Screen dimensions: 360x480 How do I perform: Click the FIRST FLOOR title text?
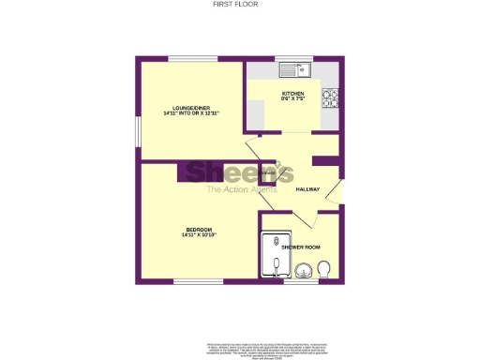click(240, 5)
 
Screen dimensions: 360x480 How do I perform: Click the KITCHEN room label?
click(292, 94)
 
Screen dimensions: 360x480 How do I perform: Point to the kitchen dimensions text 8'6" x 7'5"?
click(292, 99)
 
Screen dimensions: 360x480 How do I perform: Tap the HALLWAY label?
click(307, 189)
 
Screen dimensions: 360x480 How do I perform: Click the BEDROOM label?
click(198, 230)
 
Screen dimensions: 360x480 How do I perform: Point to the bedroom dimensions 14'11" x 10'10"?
click(198, 235)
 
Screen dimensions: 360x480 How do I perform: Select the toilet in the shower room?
click(324, 271)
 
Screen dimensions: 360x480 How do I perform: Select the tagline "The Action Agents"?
click(239, 190)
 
